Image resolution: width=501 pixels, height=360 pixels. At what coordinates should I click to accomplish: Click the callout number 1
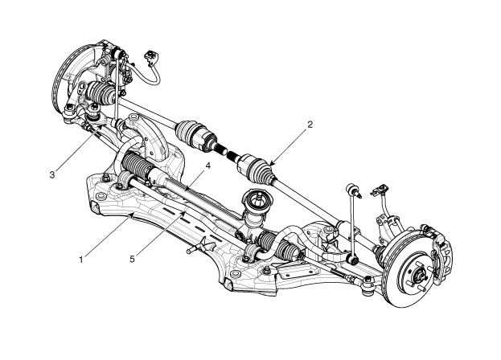[81, 260]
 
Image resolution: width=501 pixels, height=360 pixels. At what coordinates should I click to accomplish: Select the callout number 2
[310, 125]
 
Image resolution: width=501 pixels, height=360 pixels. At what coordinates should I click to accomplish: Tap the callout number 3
[52, 174]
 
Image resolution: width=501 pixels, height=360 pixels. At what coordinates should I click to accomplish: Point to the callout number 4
[208, 166]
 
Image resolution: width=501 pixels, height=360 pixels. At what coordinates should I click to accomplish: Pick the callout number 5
[132, 259]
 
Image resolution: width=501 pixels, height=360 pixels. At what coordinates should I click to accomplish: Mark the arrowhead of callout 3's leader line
[101, 127]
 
